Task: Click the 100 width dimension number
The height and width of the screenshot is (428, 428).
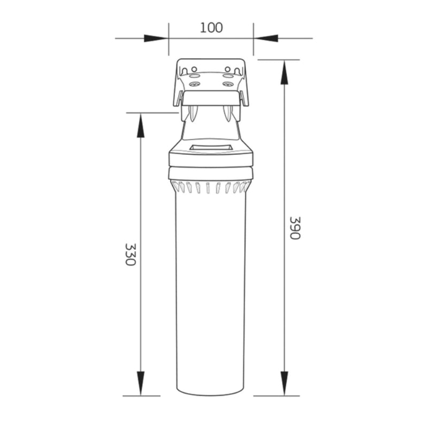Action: (211, 27)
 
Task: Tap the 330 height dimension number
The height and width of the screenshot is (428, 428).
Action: (130, 255)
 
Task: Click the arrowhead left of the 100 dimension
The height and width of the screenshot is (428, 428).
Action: (156, 38)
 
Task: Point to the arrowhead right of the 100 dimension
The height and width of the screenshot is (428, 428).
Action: (266, 38)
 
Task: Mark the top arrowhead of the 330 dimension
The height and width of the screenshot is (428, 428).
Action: (141, 125)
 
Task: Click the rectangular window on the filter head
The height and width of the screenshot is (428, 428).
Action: (211, 147)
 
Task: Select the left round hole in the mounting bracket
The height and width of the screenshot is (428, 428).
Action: (194, 69)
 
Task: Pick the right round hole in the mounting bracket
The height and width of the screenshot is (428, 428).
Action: (227, 69)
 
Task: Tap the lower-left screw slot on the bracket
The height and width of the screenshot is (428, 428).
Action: (194, 84)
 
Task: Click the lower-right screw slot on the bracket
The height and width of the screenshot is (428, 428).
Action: (228, 84)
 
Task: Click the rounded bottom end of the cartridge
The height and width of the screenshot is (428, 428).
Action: (211, 392)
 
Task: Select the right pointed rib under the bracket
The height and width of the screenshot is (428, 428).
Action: (228, 113)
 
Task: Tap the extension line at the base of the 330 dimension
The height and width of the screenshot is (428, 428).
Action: (141, 396)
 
